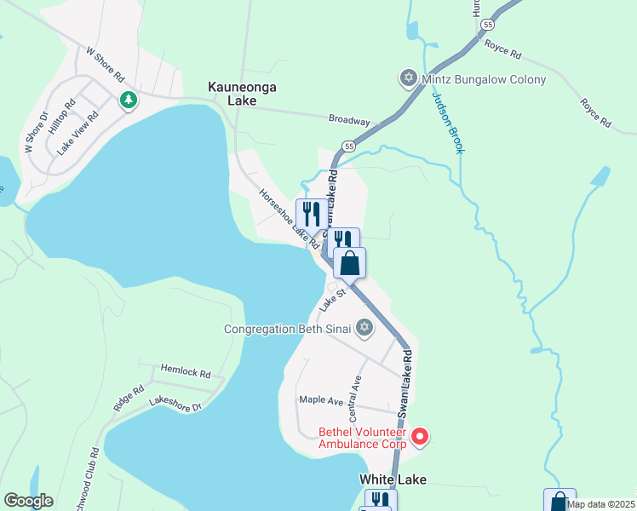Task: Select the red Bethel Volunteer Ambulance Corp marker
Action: [x=419, y=437]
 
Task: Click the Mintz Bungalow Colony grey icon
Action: [x=408, y=79]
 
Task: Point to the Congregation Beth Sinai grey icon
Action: [x=364, y=327]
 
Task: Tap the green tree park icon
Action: [x=129, y=100]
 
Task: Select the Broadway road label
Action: [x=349, y=120]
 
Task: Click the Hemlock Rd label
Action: [x=186, y=372]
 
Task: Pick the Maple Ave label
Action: [x=321, y=399]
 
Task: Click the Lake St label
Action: [x=332, y=299]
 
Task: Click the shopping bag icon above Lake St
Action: [x=349, y=263]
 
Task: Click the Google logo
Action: [x=28, y=501]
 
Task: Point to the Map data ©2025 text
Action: [x=600, y=504]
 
